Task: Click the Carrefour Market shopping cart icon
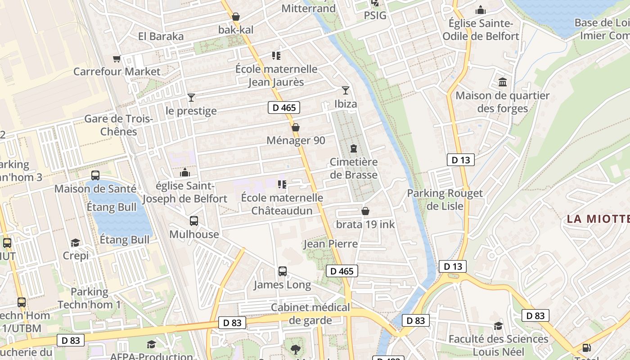tap(117, 58)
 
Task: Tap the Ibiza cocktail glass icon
tap(345, 90)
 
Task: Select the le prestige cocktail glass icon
tap(191, 98)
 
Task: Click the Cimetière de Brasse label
tap(353, 168)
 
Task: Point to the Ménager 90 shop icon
tap(296, 127)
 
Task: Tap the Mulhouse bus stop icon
tap(194, 221)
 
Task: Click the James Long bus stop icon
tap(283, 271)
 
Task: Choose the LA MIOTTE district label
tap(598, 219)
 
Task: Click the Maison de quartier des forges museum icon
tap(502, 82)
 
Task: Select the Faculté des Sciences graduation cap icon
tap(498, 326)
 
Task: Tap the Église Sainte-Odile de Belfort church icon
tap(481, 10)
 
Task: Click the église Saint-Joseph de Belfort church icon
tap(184, 172)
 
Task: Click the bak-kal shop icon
tap(236, 17)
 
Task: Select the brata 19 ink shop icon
tap(365, 211)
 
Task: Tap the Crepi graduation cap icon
tap(75, 243)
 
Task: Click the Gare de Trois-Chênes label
tap(119, 125)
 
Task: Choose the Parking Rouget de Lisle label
tap(445, 199)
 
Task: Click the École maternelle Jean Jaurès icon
tap(276, 56)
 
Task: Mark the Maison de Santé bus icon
tap(95, 175)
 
